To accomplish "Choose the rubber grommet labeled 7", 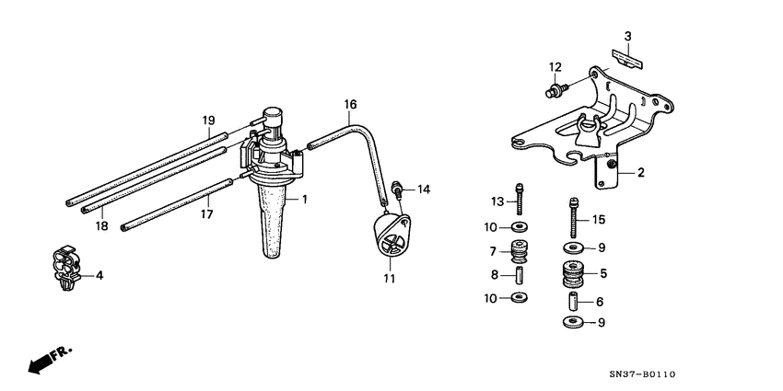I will click(520, 251).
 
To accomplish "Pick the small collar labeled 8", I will click(520, 274).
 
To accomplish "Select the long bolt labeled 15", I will click(573, 215).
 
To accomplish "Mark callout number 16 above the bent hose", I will click(350, 105).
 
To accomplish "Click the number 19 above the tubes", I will click(208, 120).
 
